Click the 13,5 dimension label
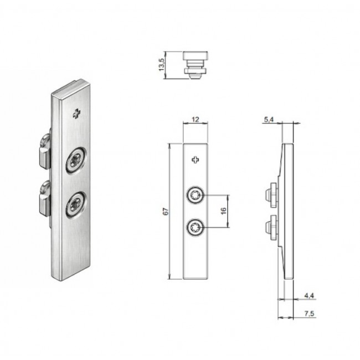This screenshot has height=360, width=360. click(162, 64)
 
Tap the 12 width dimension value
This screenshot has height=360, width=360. click(196, 120)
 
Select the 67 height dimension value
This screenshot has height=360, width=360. click(166, 211)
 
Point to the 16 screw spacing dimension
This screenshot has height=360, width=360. click(223, 211)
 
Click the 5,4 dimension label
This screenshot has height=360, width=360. click(269, 120)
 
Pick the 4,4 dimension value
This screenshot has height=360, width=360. click(309, 296)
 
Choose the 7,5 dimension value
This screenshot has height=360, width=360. click(309, 313)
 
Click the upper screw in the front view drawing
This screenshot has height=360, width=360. click(196, 196)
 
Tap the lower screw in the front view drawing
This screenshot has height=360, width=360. click(196, 228)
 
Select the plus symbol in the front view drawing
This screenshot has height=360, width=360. click(196, 160)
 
